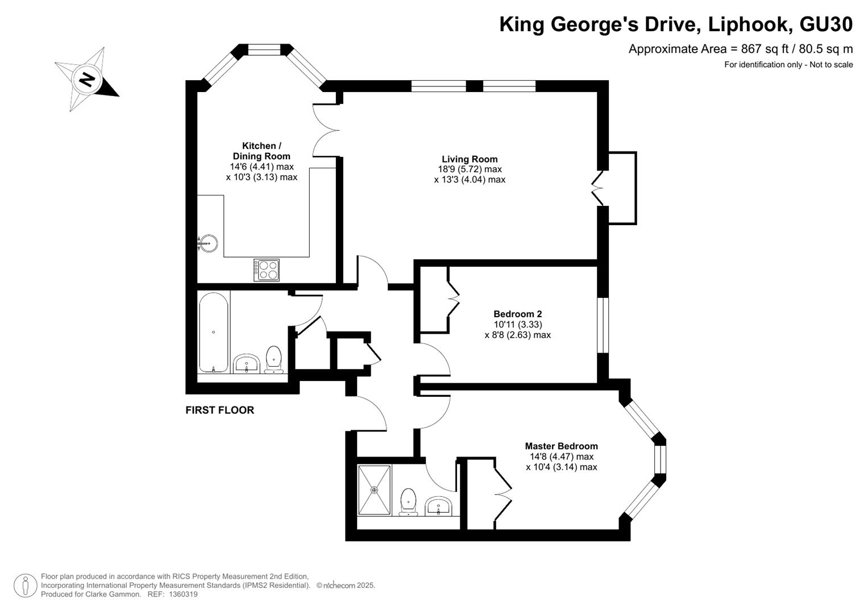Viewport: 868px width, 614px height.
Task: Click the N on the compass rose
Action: point(87,80)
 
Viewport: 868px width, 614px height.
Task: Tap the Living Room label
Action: point(470,159)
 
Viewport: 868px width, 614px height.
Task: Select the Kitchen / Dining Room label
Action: point(261,151)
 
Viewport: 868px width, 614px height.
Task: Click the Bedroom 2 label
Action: point(518,314)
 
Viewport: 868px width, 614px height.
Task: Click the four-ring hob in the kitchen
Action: point(267,270)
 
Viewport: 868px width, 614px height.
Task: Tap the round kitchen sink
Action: point(208,243)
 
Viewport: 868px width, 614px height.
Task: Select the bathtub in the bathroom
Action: point(213,333)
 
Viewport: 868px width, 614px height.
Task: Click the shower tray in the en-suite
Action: point(375,490)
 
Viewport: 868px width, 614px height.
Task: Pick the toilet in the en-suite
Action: point(408,502)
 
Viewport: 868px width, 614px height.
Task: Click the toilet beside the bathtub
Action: point(274,359)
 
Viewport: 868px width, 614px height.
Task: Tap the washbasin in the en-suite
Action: point(438,506)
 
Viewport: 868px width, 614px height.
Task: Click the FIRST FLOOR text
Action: point(220,410)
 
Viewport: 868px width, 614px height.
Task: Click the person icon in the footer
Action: point(26,585)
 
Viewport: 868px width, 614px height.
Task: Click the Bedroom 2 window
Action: point(603,325)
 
